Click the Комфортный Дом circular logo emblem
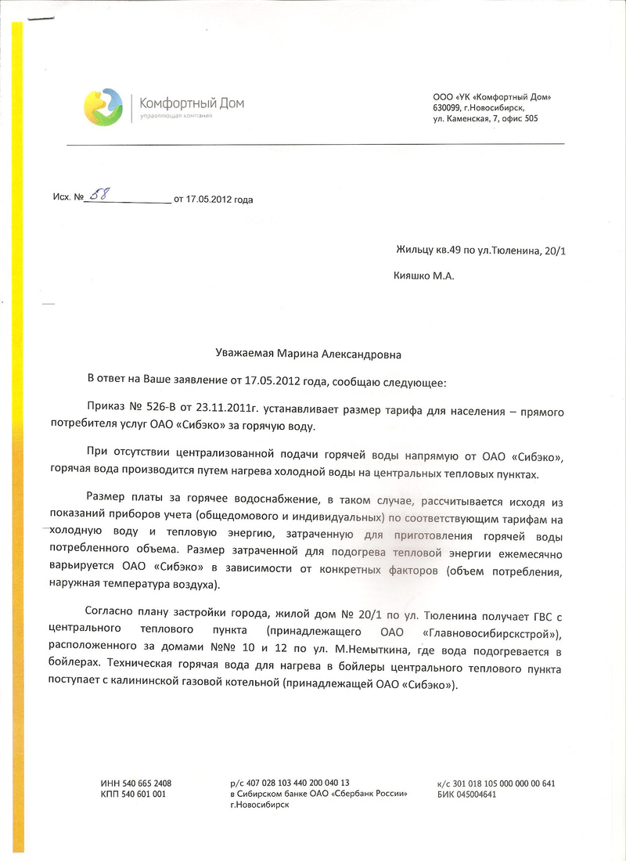coord(103,107)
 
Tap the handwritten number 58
coord(100,195)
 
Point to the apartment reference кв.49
coord(448,250)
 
